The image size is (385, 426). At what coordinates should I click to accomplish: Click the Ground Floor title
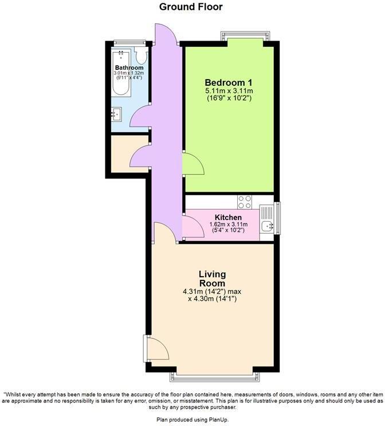pos(191,7)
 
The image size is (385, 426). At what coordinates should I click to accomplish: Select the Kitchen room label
pos(228,218)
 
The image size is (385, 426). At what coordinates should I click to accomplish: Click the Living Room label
pos(212,279)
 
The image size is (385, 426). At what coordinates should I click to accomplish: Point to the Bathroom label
pos(128,68)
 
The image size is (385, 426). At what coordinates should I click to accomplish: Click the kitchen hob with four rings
pos(245,202)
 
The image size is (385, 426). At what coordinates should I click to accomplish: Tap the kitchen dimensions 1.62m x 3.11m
pos(228,224)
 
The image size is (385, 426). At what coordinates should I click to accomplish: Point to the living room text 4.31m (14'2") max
pos(212,291)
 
